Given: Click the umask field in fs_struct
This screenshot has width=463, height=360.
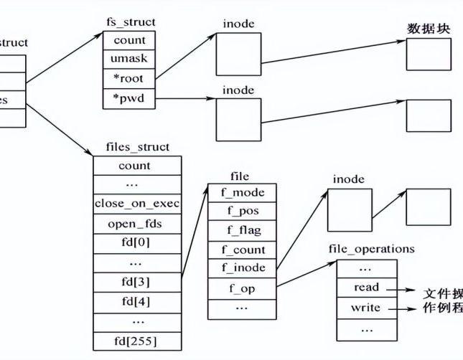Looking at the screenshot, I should pos(129,59).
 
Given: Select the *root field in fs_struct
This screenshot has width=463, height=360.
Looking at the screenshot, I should pos(129,79).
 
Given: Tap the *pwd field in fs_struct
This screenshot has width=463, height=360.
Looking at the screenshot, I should pos(129,98).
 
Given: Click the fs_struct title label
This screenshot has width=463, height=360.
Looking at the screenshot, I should pos(129,22).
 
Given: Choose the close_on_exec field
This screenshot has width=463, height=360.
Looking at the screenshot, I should pos(136,203).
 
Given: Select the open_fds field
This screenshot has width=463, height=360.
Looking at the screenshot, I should pos(136,223).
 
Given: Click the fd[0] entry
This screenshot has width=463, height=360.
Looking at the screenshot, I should pos(136,242).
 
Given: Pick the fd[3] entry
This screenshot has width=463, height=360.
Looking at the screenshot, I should pos(136,280).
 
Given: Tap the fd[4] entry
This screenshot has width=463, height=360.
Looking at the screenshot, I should pos(136,299).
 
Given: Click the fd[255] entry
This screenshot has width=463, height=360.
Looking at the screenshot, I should pos(136,338).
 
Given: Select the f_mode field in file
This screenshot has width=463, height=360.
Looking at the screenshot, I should pos(241,192).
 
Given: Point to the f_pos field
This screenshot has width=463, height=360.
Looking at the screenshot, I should pos(241,212).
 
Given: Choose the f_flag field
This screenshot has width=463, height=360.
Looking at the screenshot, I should pos(241,231).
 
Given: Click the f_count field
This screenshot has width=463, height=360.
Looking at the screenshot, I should pos(241,250).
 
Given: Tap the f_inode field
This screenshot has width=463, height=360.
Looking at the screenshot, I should pos(241,268).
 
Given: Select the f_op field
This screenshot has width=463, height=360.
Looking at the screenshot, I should pos(241,288).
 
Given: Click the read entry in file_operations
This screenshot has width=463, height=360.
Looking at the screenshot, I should pos(366,288).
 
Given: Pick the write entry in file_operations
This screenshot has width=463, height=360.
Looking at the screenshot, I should pos(366,308).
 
